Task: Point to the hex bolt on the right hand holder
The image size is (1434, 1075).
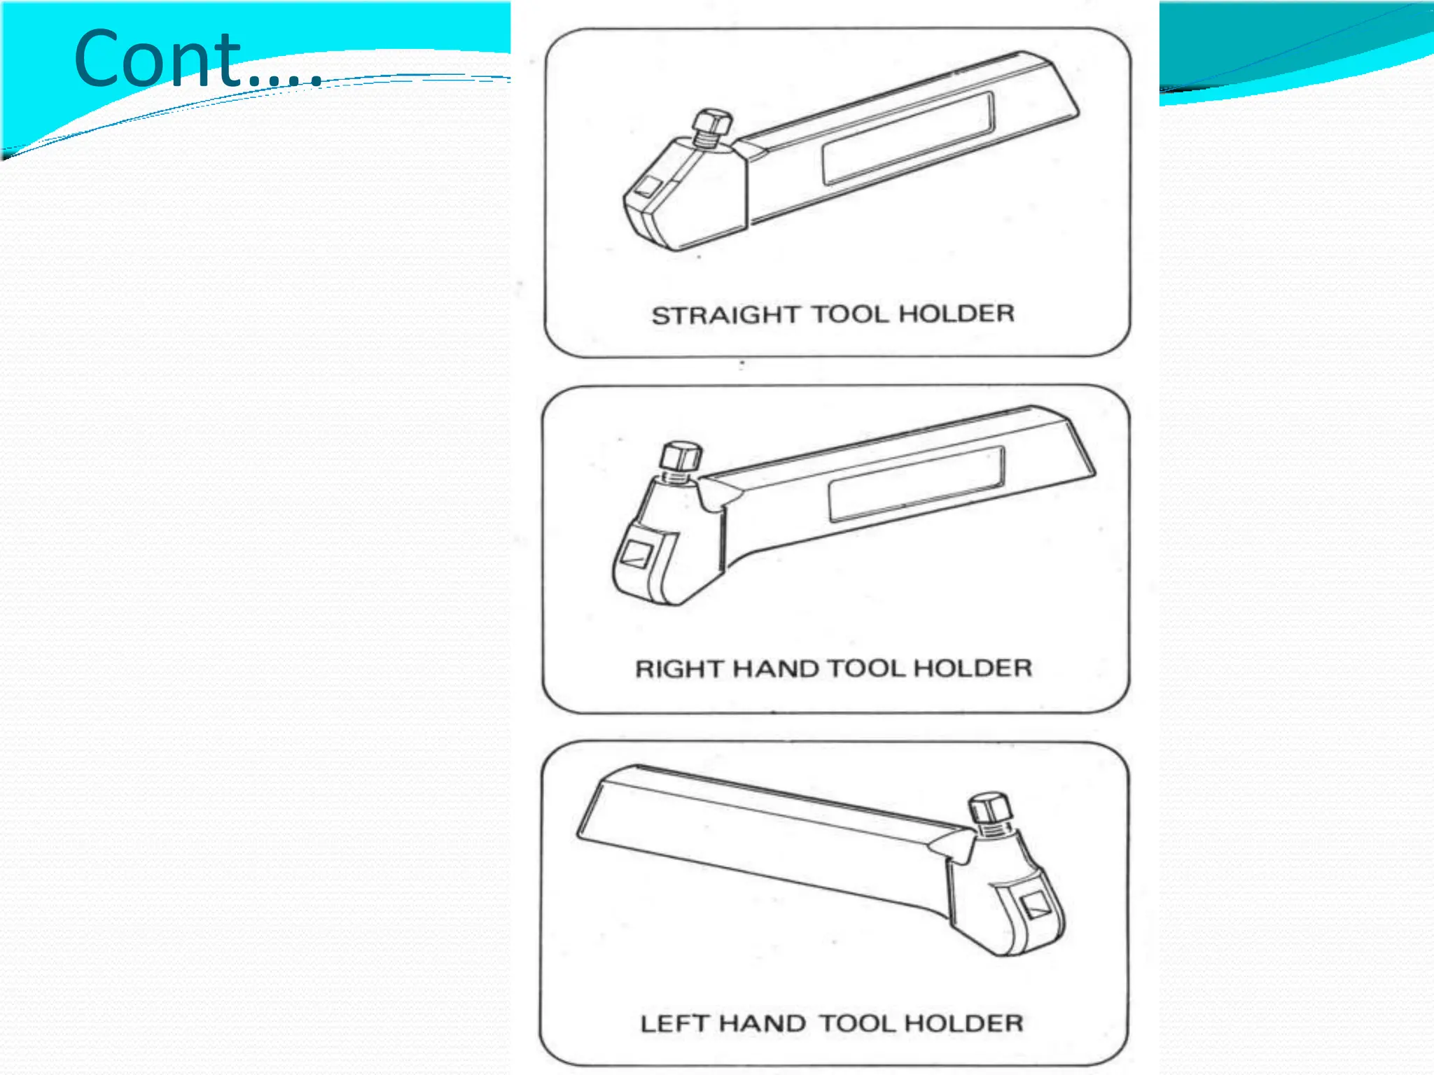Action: pos(680,459)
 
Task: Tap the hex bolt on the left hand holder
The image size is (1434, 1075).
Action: pos(989,810)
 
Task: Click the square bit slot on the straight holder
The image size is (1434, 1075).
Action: pos(648,188)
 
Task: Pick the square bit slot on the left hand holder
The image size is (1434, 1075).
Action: pos(1034,907)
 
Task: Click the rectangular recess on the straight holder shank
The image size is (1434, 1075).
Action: pos(907,138)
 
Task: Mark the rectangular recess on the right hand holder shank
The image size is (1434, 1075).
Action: pos(916,484)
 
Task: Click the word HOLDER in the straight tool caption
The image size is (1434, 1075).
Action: pos(956,314)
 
